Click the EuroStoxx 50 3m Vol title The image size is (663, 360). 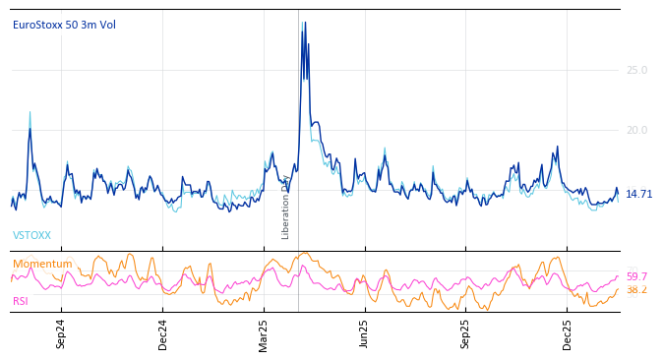pos(64,26)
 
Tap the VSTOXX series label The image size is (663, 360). pos(31,236)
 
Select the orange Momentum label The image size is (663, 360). pos(42,265)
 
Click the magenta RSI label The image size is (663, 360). pos(21,302)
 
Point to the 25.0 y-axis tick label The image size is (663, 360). pos(636,70)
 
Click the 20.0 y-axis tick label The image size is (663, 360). pos(636,130)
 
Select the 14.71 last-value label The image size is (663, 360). pos(638,195)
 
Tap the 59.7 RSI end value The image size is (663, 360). pos(636,277)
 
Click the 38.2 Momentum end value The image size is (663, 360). pos(636,290)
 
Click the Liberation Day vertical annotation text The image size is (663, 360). pos(286,208)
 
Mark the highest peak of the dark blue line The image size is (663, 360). pos(303,23)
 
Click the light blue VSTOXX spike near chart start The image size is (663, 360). pos(30,112)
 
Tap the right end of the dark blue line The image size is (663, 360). pos(618,192)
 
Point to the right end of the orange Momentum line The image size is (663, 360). pos(618,289)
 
